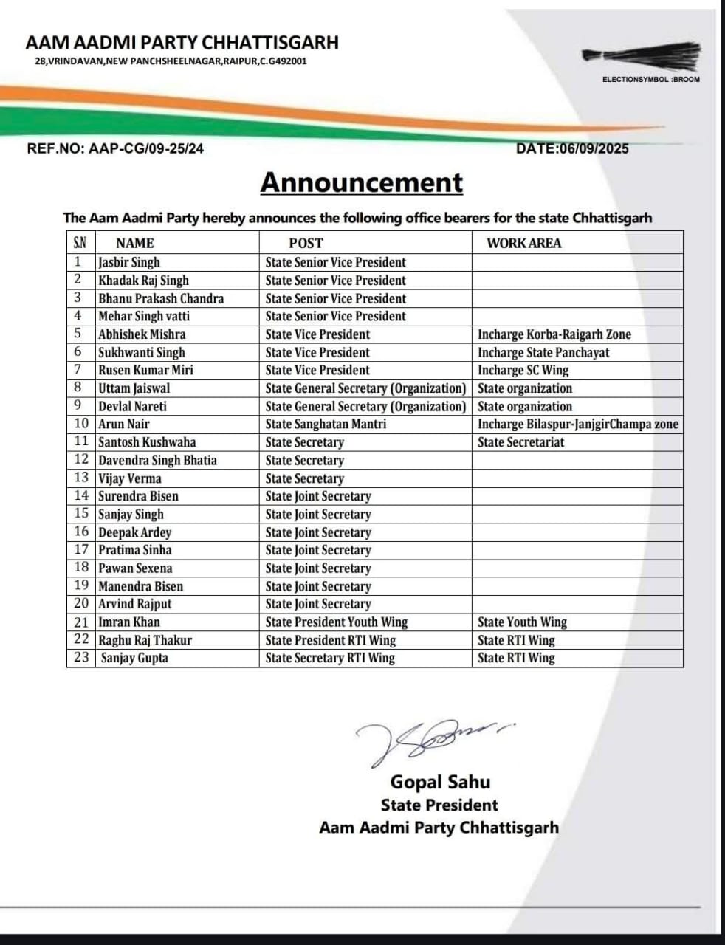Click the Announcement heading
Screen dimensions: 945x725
click(362, 183)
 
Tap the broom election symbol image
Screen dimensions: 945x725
click(639, 57)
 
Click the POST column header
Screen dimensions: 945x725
click(306, 243)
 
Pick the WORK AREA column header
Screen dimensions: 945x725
click(523, 243)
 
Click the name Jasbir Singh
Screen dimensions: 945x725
click(129, 262)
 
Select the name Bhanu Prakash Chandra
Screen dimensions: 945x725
click(161, 298)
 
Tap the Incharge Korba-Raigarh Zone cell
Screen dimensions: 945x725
click(554, 334)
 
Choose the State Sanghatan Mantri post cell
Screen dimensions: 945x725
click(326, 424)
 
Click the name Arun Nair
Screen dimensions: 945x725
click(124, 424)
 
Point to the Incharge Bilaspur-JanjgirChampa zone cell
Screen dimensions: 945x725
click(577, 424)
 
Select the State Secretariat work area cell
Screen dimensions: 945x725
click(520, 442)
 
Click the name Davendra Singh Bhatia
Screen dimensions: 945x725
click(158, 460)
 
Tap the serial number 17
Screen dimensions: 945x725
click(81, 550)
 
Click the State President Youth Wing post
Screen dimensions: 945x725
click(337, 622)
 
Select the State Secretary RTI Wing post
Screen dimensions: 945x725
click(330, 658)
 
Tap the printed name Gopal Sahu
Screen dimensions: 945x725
click(440, 782)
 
